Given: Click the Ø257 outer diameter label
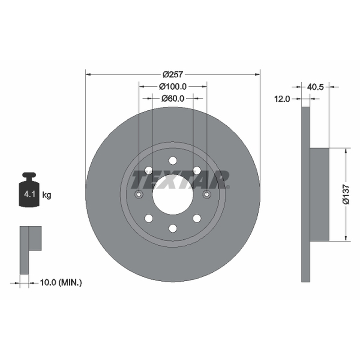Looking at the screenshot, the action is pyautogui.click(x=173, y=74).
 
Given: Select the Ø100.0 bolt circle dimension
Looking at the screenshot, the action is pyautogui.click(x=173, y=86).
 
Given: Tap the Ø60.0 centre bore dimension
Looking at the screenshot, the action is pyautogui.click(x=173, y=99).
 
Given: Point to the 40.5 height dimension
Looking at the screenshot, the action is pyautogui.click(x=315, y=87).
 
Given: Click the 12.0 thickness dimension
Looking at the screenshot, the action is pyautogui.click(x=282, y=99).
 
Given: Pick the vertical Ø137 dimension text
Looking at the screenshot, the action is pyautogui.click(x=346, y=194).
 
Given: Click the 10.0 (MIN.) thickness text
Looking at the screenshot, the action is pyautogui.click(x=61, y=283).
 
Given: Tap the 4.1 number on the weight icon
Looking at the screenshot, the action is pyautogui.click(x=30, y=194).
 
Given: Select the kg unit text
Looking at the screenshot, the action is pyautogui.click(x=47, y=195).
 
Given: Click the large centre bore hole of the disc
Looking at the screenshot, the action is pyautogui.click(x=173, y=194).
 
